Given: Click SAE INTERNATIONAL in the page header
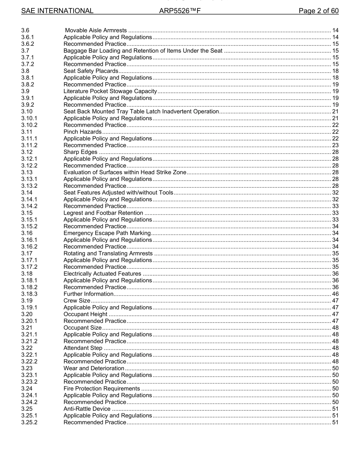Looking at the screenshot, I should coord(57,11).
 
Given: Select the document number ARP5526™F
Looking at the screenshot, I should coord(180,11).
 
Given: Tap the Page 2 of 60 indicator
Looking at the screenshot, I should coord(318,11).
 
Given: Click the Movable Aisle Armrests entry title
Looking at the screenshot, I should coord(96,30).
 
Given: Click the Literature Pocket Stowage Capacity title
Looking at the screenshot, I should coord(110,91).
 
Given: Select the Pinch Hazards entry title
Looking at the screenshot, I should coord(82,132).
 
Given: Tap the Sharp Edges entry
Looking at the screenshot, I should coord(80,152).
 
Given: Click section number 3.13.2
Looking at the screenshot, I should coord(30,186).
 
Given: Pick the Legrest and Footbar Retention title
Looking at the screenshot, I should coord(103,213).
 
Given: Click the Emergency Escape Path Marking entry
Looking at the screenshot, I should coord(107,233).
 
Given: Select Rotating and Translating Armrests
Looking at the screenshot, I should coord(108,254).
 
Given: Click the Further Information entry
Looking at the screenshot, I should coord(88,294).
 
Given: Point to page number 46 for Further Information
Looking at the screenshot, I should coord(335,294).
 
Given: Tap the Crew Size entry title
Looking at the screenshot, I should coord(77,301).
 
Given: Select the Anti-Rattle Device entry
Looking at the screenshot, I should coord(87,409).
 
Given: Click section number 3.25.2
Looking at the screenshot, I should coord(30,422).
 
